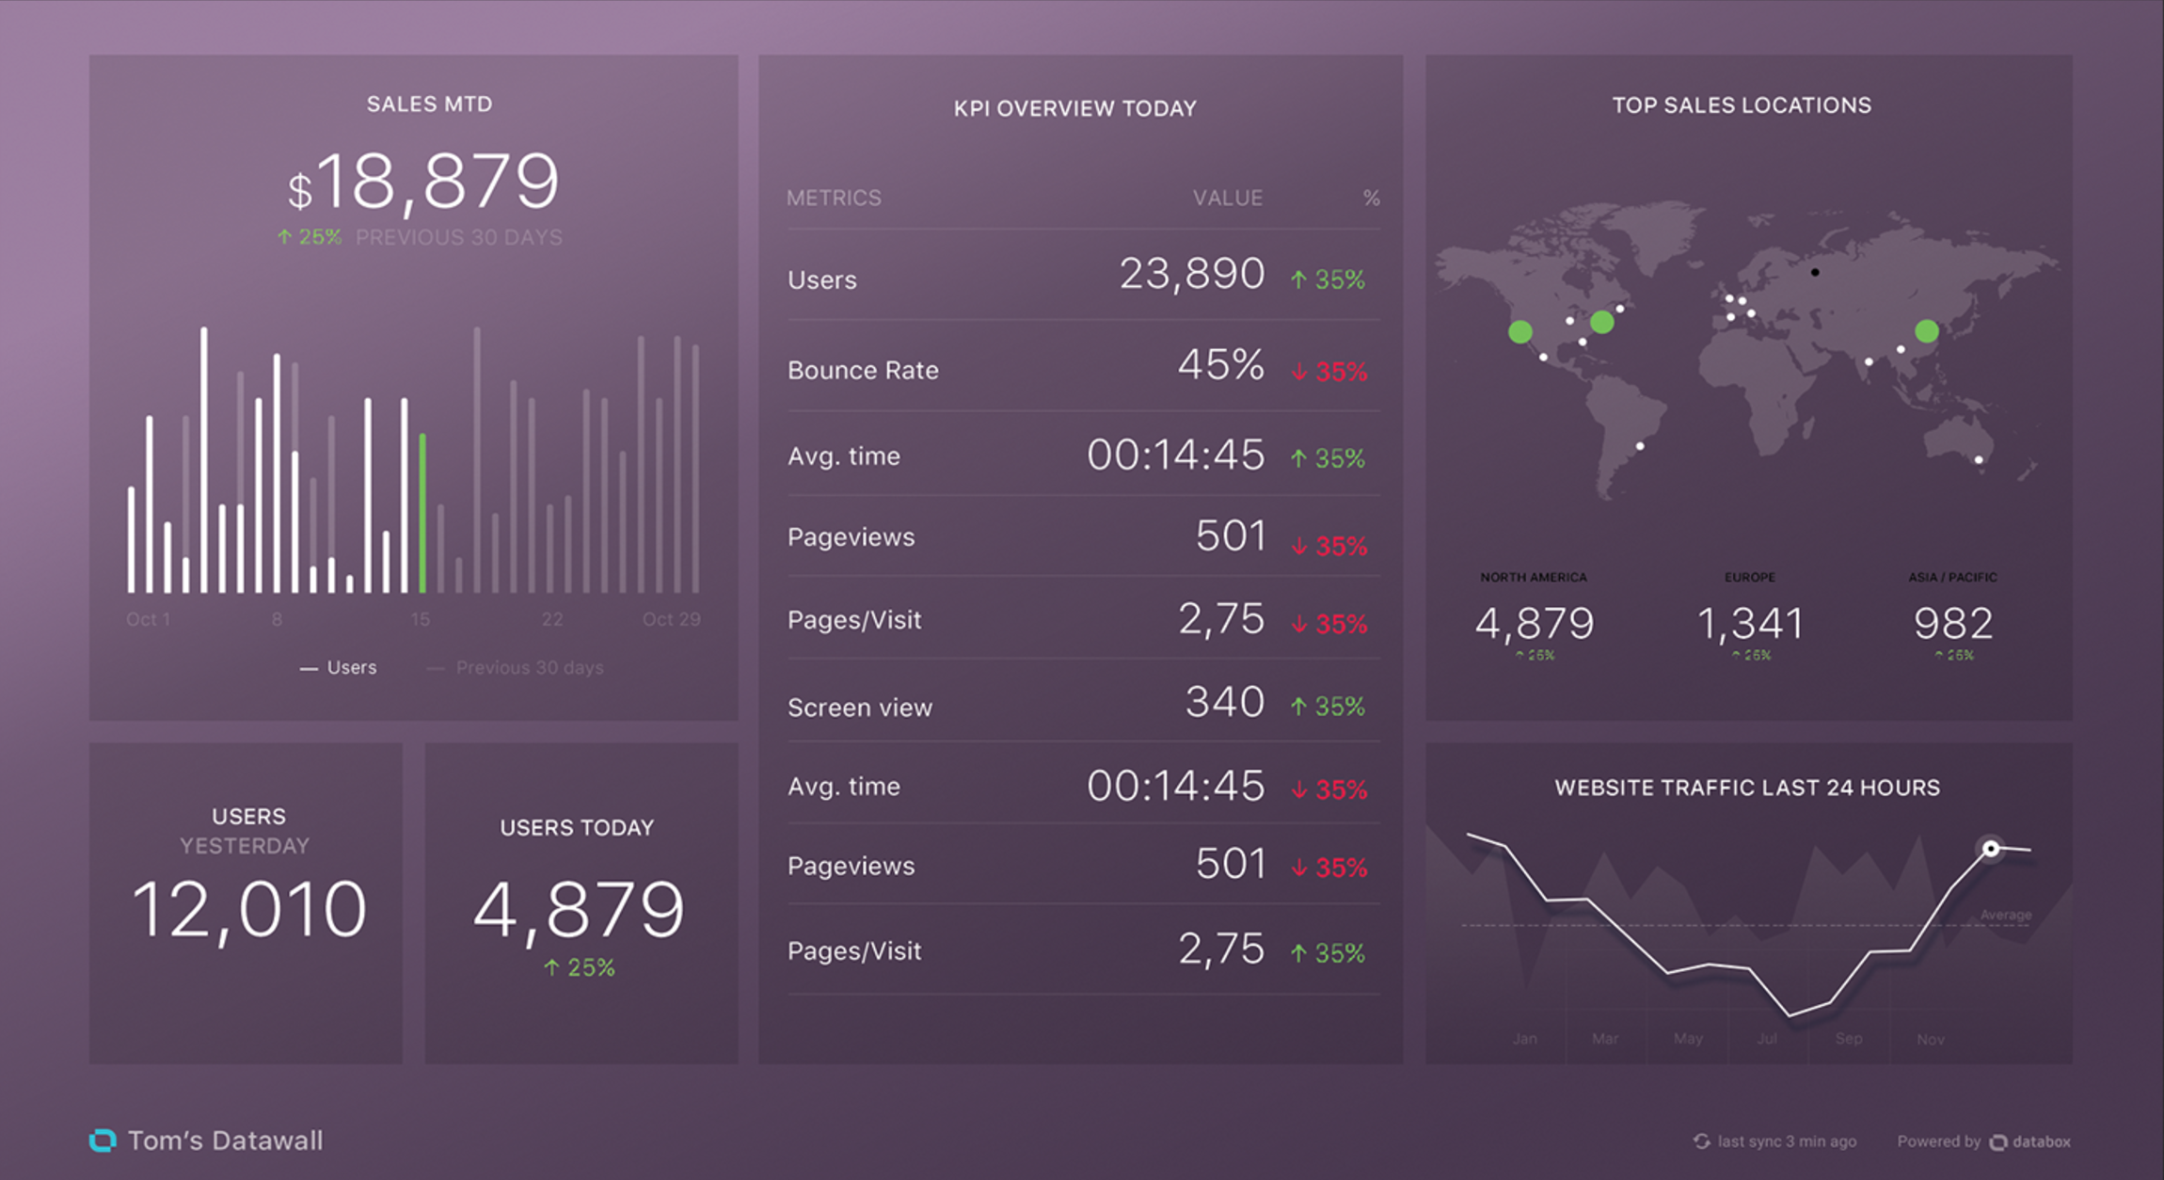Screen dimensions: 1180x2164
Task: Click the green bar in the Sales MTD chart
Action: click(x=422, y=513)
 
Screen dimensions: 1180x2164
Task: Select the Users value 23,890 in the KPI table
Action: click(x=1191, y=275)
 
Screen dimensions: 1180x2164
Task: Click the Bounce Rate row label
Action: click(x=863, y=371)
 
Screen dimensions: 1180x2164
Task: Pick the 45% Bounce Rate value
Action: click(x=1220, y=365)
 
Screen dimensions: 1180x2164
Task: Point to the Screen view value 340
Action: click(x=1224, y=702)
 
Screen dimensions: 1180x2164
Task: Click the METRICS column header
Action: click(x=834, y=199)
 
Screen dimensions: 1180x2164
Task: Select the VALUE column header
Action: click(x=1227, y=199)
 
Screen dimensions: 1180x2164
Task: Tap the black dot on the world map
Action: click(x=1815, y=273)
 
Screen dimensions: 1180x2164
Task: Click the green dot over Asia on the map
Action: click(x=1926, y=331)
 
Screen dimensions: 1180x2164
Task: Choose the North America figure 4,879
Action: click(x=1534, y=623)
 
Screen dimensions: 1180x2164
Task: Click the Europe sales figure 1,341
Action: click(x=1750, y=623)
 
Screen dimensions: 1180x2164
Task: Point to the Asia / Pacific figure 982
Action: click(x=1952, y=623)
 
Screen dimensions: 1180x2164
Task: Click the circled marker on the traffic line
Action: click(x=1990, y=849)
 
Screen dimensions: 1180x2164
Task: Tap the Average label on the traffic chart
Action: click(x=2005, y=915)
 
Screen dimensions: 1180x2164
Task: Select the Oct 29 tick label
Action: click(x=671, y=619)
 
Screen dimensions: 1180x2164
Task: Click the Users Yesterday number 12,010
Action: click(x=249, y=909)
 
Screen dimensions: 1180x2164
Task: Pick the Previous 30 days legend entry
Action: click(x=529, y=668)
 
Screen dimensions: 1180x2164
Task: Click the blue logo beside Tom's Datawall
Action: click(x=103, y=1140)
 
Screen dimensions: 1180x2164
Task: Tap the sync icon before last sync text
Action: click(x=1701, y=1141)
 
